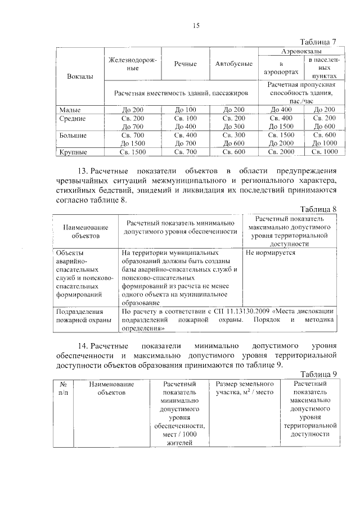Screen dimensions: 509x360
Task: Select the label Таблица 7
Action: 318,42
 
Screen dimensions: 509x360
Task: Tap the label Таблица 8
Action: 318,209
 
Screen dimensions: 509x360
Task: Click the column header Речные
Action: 186,64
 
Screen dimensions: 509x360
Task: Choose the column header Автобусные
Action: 233,64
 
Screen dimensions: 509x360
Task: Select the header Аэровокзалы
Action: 298,51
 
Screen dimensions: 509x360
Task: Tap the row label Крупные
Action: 73,152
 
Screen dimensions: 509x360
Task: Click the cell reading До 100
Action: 186,109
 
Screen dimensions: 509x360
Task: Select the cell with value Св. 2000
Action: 281,152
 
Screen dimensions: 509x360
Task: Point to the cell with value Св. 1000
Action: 324,152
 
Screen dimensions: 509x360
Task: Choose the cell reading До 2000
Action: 281,143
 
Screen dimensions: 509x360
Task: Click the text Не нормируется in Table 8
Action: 271,253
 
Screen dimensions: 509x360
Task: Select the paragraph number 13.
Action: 83,171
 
